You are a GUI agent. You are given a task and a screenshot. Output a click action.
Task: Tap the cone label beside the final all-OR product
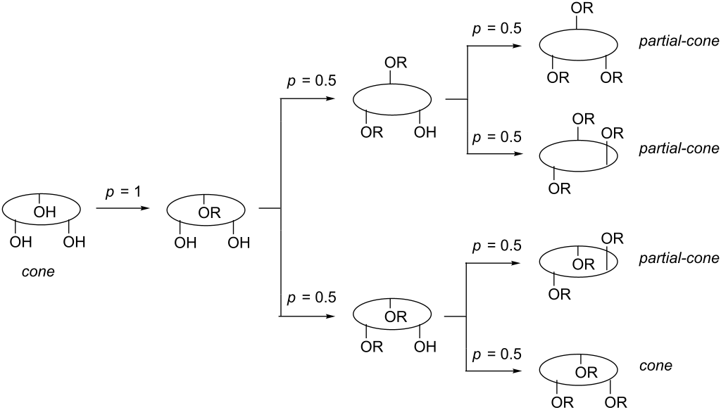[656, 366]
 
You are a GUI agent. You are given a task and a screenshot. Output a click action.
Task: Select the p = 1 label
[123, 191]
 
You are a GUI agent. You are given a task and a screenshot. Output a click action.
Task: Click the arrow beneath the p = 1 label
[123, 209]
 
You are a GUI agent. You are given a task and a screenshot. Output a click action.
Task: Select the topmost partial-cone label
[679, 41]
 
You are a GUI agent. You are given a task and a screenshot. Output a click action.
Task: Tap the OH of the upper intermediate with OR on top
[425, 132]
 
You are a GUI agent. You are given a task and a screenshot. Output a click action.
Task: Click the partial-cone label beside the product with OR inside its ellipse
[679, 258]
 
